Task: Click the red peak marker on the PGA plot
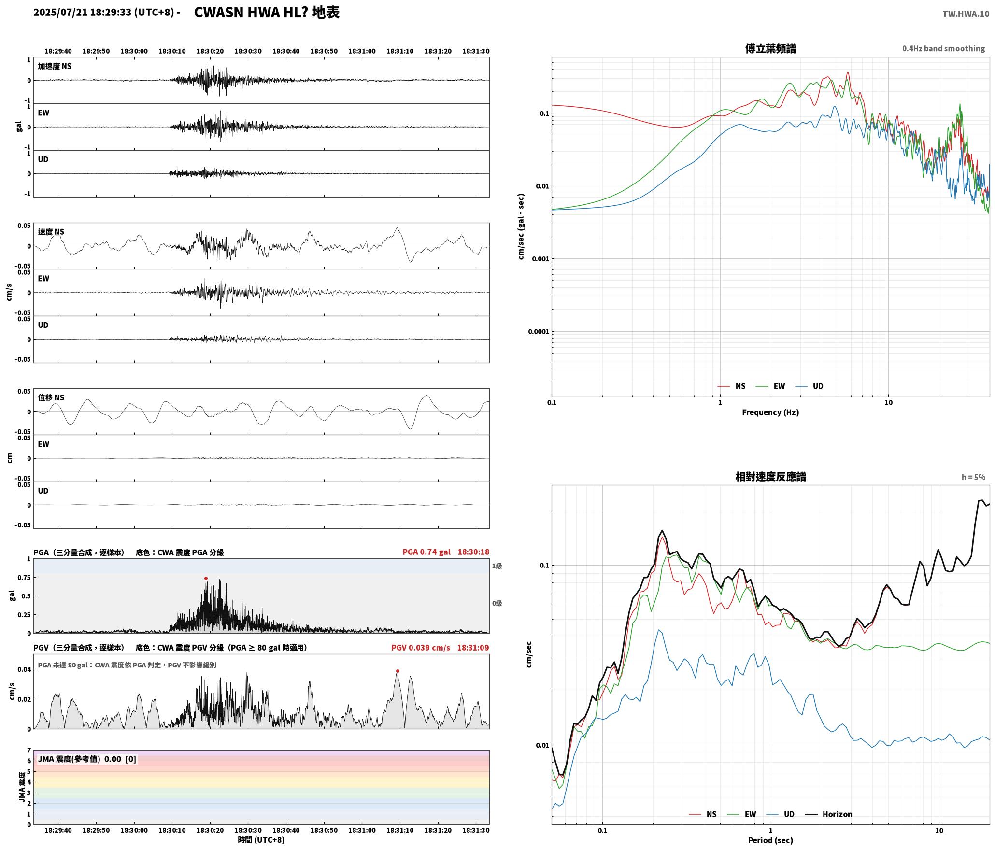pos(206,578)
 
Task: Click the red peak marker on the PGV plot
pos(398,671)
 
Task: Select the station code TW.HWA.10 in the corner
pos(966,14)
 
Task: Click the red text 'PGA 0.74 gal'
pos(426,552)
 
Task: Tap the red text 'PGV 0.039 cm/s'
pos(420,647)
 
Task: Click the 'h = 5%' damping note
pos(973,477)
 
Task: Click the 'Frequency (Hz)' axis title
pos(770,412)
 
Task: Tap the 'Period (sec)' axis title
pos(770,840)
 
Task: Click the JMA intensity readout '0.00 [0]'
pos(120,759)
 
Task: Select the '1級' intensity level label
pos(497,566)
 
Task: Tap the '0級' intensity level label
pos(497,603)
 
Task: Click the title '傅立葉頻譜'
pos(770,48)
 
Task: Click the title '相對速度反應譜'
pos(770,477)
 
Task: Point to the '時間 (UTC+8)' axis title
pos(261,840)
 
